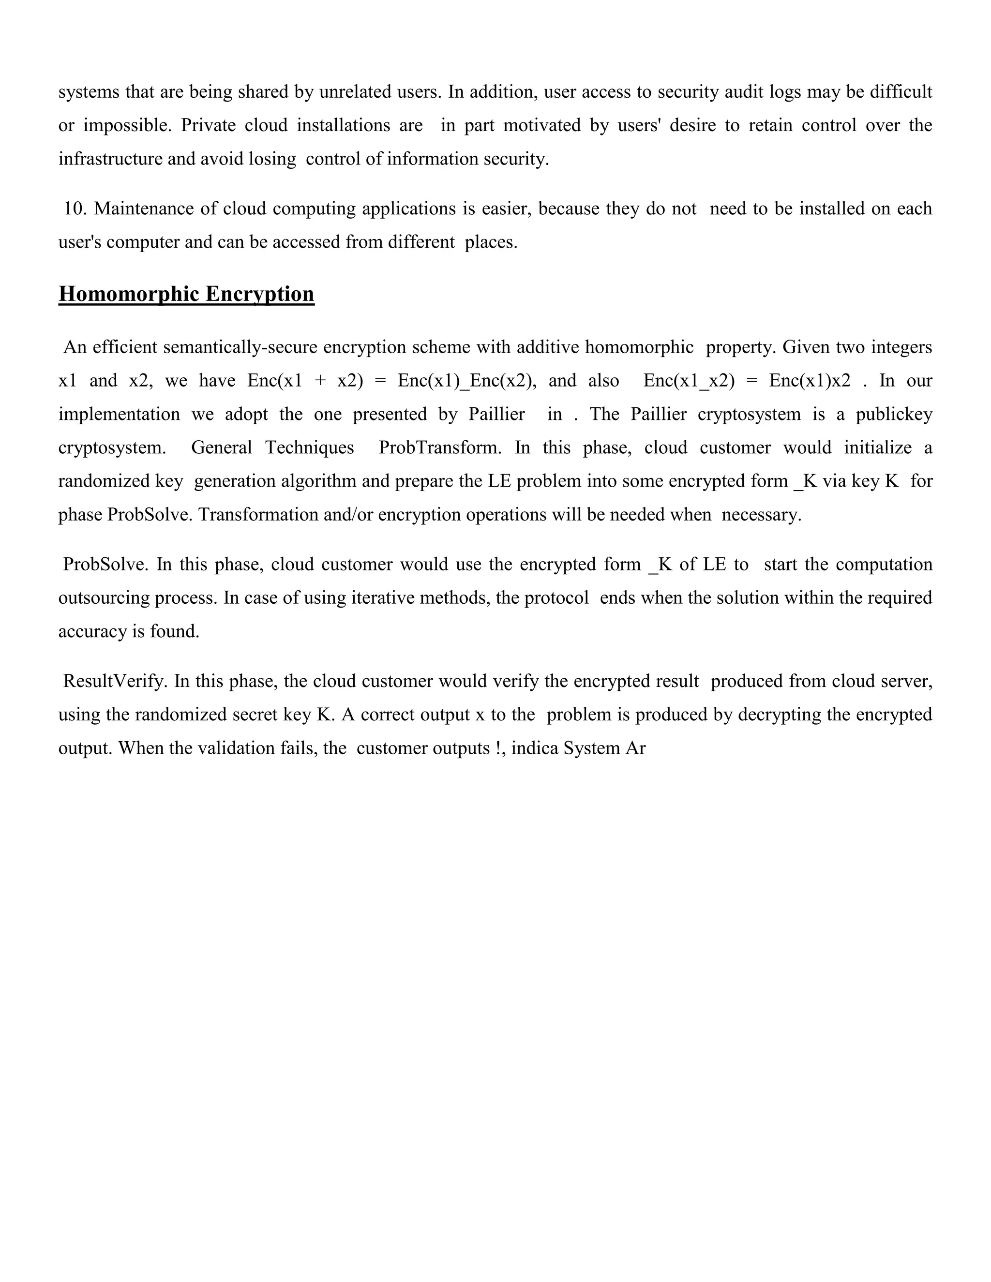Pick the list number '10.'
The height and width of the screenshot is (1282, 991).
pos(75,209)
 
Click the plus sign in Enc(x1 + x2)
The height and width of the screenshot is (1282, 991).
pos(320,381)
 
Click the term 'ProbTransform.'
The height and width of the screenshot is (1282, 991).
pos(440,448)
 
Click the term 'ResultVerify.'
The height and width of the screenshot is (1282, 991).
pos(116,682)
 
